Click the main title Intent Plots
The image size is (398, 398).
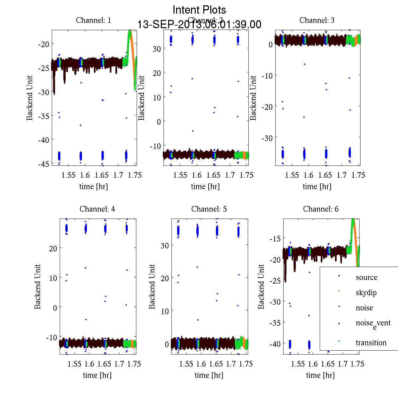tap(199, 10)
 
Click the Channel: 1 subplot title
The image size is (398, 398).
tap(94, 20)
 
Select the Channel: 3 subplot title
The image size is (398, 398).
tap(317, 20)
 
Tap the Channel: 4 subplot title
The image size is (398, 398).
tap(97, 209)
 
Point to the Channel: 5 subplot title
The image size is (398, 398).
tap(209, 209)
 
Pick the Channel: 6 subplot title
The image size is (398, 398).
tap(321, 209)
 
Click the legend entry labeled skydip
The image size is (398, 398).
tap(366, 293)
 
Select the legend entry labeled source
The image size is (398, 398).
tap(366, 277)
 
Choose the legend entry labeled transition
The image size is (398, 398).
tap(371, 343)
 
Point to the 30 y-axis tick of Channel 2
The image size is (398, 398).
tap(157, 48)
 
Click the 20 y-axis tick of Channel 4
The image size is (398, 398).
tap(53, 248)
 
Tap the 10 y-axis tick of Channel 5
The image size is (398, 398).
tap(165, 311)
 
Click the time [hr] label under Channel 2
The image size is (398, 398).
tap(205, 186)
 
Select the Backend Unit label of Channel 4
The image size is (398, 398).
tap(37, 287)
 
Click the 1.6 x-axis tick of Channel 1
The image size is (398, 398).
tap(85, 175)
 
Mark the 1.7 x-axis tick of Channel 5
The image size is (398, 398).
tap(231, 364)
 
